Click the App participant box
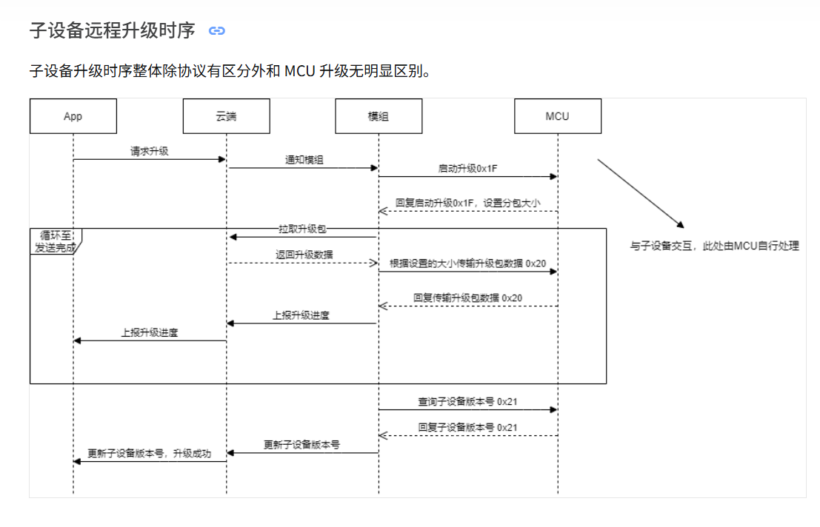tap(73, 116)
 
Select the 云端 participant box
tap(226, 116)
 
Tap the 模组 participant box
tap(379, 116)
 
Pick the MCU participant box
tap(558, 116)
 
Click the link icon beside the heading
tap(216, 31)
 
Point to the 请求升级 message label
tap(149, 151)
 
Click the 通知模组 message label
tap(304, 160)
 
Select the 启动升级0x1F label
tap(467, 169)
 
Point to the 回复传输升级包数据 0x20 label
tap(468, 298)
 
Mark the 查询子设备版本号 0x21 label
tap(467, 402)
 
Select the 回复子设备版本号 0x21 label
tap(467, 427)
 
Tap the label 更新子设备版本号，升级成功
tap(149, 454)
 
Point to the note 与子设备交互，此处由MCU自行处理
tap(715, 246)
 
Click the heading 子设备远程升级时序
tap(112, 31)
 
